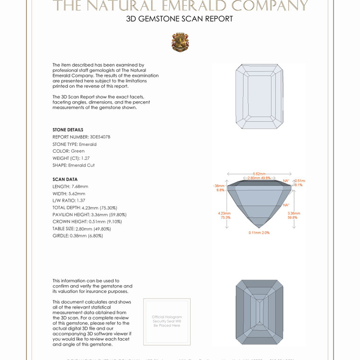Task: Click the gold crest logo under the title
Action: coord(180,42)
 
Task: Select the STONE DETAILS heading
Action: coord(68,130)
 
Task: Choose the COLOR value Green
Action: coord(78,151)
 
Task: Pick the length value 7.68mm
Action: coord(79,186)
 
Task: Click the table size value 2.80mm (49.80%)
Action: coord(96,229)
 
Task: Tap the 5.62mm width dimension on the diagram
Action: coord(260,174)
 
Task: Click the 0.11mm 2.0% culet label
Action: coord(259,233)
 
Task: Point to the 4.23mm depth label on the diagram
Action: coord(224,213)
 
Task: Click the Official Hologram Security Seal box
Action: coord(167,322)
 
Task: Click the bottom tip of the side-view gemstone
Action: coord(259,228)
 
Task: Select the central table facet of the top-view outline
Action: coord(260,96)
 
